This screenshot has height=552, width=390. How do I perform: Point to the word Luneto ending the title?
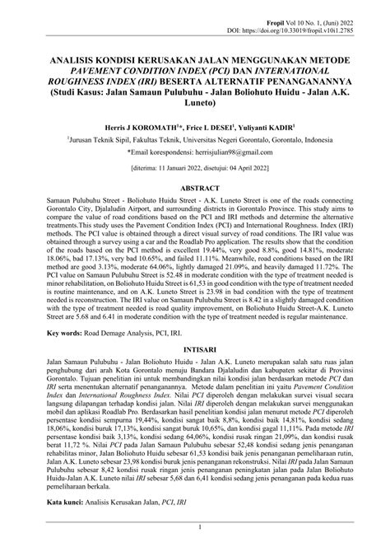coord(195,104)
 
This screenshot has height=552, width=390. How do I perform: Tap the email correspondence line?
coord(195,153)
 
